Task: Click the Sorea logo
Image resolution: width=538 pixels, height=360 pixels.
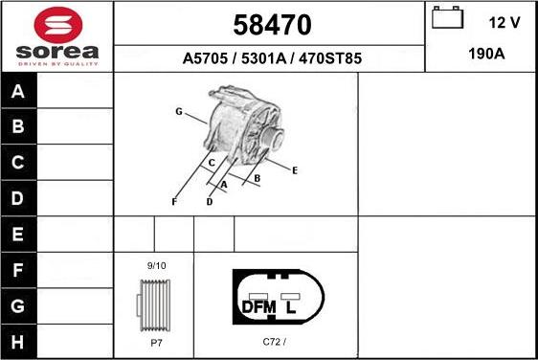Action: point(56,35)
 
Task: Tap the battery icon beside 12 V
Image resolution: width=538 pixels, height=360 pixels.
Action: point(446,19)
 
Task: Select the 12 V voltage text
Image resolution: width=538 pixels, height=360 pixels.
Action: point(504,21)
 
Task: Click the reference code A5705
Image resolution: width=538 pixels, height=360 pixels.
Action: point(204,58)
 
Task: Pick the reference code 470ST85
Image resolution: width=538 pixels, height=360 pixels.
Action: point(331,58)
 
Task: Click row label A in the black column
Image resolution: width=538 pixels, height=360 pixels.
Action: point(19,92)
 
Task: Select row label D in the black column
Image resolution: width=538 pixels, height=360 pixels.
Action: point(19,198)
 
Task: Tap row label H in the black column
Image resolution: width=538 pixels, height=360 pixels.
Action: point(19,340)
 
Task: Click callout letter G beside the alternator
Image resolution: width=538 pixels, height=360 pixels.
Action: point(178,112)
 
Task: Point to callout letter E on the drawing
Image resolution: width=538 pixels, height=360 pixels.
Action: point(295,170)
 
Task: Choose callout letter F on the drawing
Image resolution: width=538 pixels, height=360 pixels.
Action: point(174,201)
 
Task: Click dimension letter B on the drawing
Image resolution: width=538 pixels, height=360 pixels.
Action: point(258,178)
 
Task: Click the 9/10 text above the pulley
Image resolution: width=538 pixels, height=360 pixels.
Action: point(155,264)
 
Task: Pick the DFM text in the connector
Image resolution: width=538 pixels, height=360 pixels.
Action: point(258,307)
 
